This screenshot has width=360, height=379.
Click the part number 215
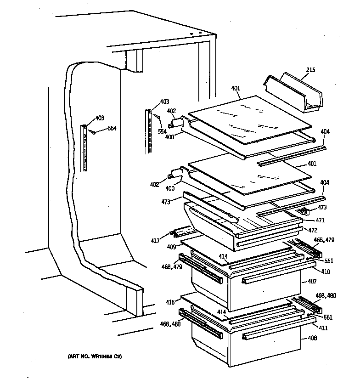tap(311, 70)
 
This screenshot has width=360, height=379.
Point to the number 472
tap(313, 230)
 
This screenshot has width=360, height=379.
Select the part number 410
tap(326, 272)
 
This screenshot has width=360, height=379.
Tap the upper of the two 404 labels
tap(325, 132)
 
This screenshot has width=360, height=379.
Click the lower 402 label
tap(154, 184)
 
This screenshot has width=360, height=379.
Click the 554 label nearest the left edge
tap(112, 129)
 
